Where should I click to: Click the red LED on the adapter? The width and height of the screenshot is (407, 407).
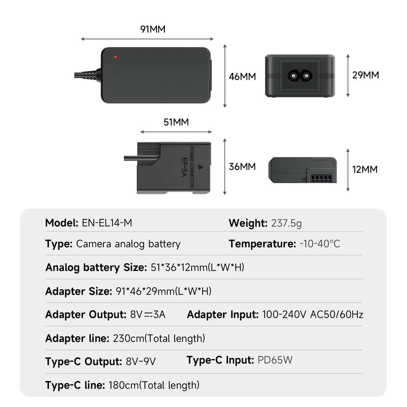click(x=116, y=57)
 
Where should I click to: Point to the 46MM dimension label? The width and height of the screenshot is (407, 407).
click(x=242, y=76)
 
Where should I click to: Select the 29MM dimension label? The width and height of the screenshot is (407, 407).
click(x=365, y=75)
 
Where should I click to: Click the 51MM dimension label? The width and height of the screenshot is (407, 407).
click(x=176, y=122)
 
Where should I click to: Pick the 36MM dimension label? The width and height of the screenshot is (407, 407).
click(x=242, y=166)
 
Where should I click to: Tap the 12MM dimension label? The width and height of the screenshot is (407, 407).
click(x=365, y=169)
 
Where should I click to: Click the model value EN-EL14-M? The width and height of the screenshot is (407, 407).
click(x=107, y=223)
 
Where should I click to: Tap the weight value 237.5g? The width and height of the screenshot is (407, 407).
click(x=286, y=223)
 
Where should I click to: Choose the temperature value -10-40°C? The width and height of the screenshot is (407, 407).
click(x=319, y=244)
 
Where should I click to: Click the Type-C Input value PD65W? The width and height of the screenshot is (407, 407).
click(x=275, y=360)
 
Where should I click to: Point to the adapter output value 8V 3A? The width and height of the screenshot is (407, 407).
click(x=148, y=315)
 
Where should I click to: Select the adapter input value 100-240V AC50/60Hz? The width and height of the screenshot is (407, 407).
click(x=313, y=315)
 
